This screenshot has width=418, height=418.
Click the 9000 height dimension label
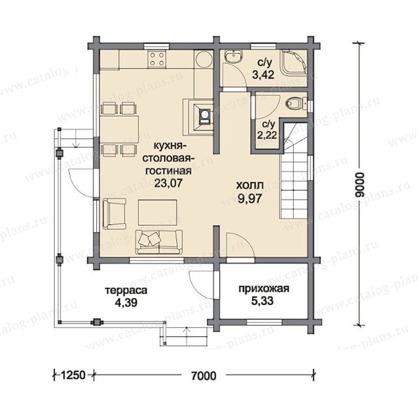pyautogui.click(x=360, y=184)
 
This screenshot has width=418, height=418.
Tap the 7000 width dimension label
pyautogui.click(x=204, y=376)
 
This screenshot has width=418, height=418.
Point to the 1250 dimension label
pyautogui.click(x=73, y=375)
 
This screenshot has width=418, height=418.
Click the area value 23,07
pyautogui.click(x=168, y=183)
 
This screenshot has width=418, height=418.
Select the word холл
pyautogui.click(x=250, y=185)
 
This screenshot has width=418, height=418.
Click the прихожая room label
pyautogui.click(x=264, y=289)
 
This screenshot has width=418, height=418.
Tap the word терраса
pyautogui.click(x=126, y=290)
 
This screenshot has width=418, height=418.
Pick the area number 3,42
pyautogui.click(x=263, y=75)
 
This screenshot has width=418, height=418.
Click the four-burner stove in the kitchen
pyautogui.click(x=157, y=59)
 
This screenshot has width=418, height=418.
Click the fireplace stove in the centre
pyautogui.click(x=198, y=117)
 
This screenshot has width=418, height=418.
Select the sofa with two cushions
pyautogui.click(x=159, y=242)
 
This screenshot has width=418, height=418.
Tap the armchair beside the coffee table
pyautogui.click(x=114, y=214)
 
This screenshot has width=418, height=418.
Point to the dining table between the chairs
pyautogui.click(x=119, y=129)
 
